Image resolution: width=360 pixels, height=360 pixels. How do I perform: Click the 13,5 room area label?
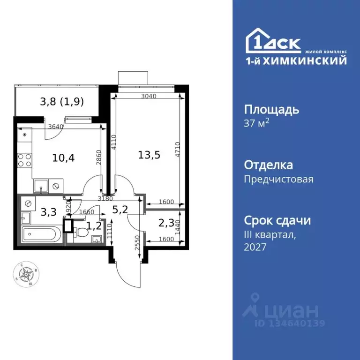click(150, 154)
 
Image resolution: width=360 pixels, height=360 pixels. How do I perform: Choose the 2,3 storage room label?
click(166, 224)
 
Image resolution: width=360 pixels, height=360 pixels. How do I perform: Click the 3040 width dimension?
click(148, 96)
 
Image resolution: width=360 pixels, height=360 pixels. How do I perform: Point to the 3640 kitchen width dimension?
click(55, 126)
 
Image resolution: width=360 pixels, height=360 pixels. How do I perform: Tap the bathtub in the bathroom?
click(41, 233)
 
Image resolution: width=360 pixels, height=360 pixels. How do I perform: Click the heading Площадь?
click(271, 110)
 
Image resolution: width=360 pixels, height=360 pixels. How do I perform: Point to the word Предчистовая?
click(278, 179)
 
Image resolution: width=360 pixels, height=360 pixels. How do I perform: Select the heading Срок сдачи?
click(277, 220)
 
